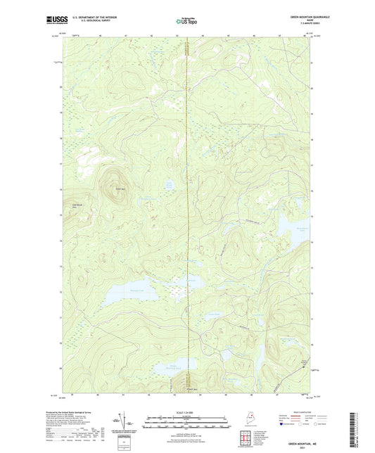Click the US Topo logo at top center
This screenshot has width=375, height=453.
click(186, 21)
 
